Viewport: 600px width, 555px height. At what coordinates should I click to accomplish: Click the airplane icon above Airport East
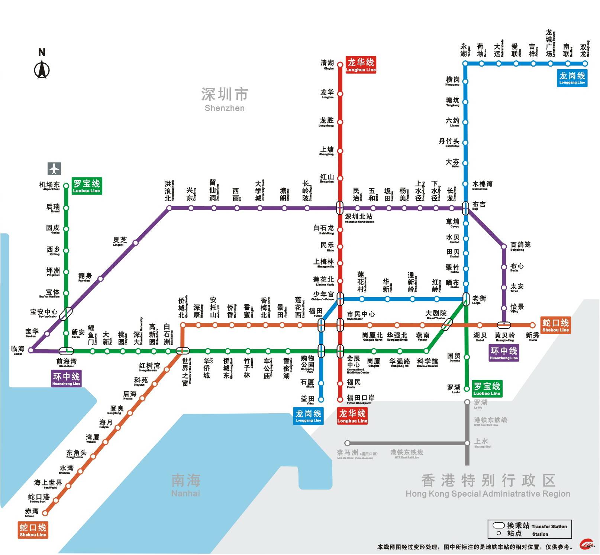point(54,169)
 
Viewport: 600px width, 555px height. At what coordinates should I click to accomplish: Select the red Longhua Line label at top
point(361,65)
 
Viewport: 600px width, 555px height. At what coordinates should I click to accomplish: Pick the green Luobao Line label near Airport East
point(87,186)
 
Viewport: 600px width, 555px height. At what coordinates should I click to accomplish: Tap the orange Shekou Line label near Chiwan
point(33,530)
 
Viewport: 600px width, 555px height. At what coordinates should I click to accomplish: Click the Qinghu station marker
point(340,65)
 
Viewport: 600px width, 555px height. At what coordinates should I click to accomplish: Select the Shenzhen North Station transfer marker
point(340,208)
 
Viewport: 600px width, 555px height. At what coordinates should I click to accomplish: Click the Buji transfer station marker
point(465,208)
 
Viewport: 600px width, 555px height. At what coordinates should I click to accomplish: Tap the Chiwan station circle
point(45,513)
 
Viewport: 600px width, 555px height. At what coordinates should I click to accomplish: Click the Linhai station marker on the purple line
point(31,350)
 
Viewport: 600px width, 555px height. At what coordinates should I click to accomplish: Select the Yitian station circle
point(321,400)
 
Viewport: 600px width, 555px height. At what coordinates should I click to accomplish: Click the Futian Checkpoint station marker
point(340,400)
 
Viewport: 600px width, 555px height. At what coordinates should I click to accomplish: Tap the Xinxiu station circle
point(532,325)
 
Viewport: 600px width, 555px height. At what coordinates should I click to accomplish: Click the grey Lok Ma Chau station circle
point(347,443)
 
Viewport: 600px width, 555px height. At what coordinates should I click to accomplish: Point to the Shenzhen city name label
point(225,99)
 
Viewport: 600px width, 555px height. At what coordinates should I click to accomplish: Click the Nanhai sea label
point(186,485)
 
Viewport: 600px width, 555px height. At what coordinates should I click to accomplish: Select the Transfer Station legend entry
point(529,526)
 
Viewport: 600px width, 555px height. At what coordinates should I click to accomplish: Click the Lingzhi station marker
point(136,243)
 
